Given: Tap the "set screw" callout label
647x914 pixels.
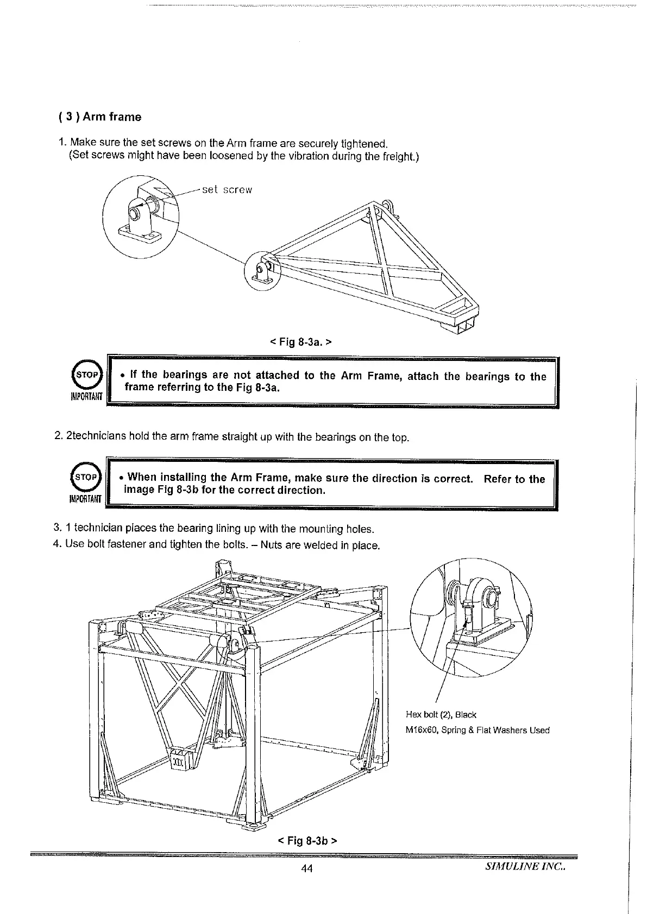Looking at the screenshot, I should point(227,190).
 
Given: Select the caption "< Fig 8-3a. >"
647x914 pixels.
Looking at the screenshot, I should point(300,342).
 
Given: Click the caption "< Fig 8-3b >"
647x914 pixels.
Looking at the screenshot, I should point(307,841).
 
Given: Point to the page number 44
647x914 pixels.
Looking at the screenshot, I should point(307,869).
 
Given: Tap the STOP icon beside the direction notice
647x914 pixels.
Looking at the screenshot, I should point(86,478).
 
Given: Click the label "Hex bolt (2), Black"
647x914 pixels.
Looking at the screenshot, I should point(441,715).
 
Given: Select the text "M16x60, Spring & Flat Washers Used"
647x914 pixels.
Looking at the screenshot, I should point(478,731).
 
